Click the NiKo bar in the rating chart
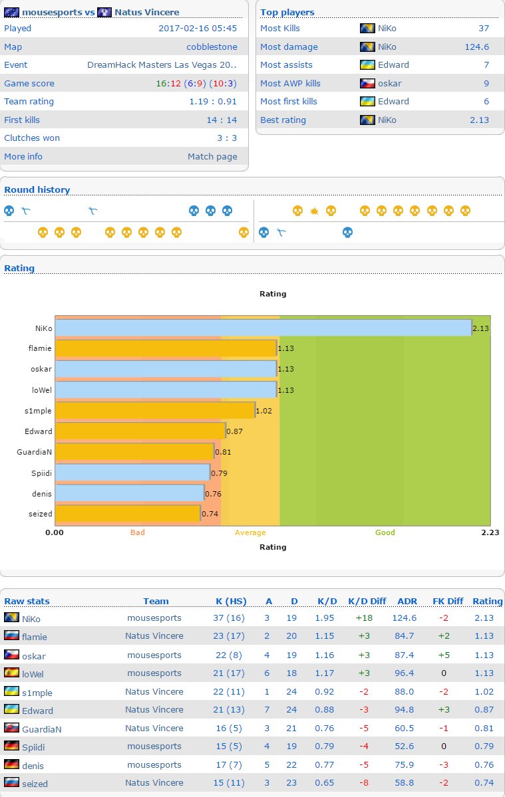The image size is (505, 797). [x=263, y=328]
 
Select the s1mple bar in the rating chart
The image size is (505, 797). [x=155, y=410]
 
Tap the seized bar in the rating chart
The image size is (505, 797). [x=127, y=513]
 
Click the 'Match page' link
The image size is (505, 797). [x=212, y=156]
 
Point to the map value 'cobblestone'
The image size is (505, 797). [x=212, y=47]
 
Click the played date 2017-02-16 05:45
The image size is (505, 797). [x=197, y=29]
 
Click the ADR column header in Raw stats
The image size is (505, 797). [x=407, y=601]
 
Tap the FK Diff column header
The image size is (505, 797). [x=447, y=601]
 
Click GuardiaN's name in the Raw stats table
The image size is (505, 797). [x=42, y=729]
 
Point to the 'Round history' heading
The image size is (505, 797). [x=37, y=190]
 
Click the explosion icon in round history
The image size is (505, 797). [x=315, y=211]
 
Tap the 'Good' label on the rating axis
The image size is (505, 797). [x=385, y=532]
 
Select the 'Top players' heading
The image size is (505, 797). [x=287, y=12]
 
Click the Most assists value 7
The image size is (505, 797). [x=486, y=65]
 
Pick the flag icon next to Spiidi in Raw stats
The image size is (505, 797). [x=11, y=746]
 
